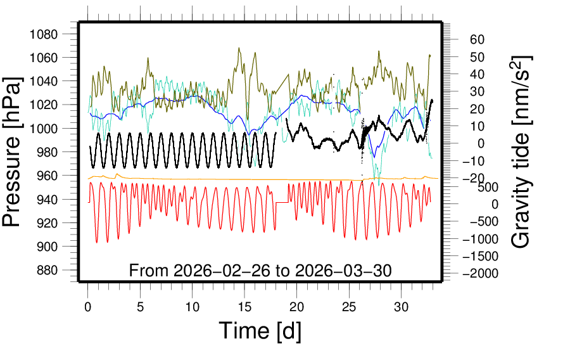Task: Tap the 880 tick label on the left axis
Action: (47, 270)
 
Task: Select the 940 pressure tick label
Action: (47, 199)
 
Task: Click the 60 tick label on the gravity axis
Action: (477, 40)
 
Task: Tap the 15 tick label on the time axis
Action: (244, 307)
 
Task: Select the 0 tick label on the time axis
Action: (88, 307)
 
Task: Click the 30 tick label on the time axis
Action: (402, 307)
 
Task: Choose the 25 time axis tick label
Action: (349, 307)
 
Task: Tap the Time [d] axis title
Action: (260, 330)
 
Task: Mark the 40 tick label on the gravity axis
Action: (477, 74)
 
